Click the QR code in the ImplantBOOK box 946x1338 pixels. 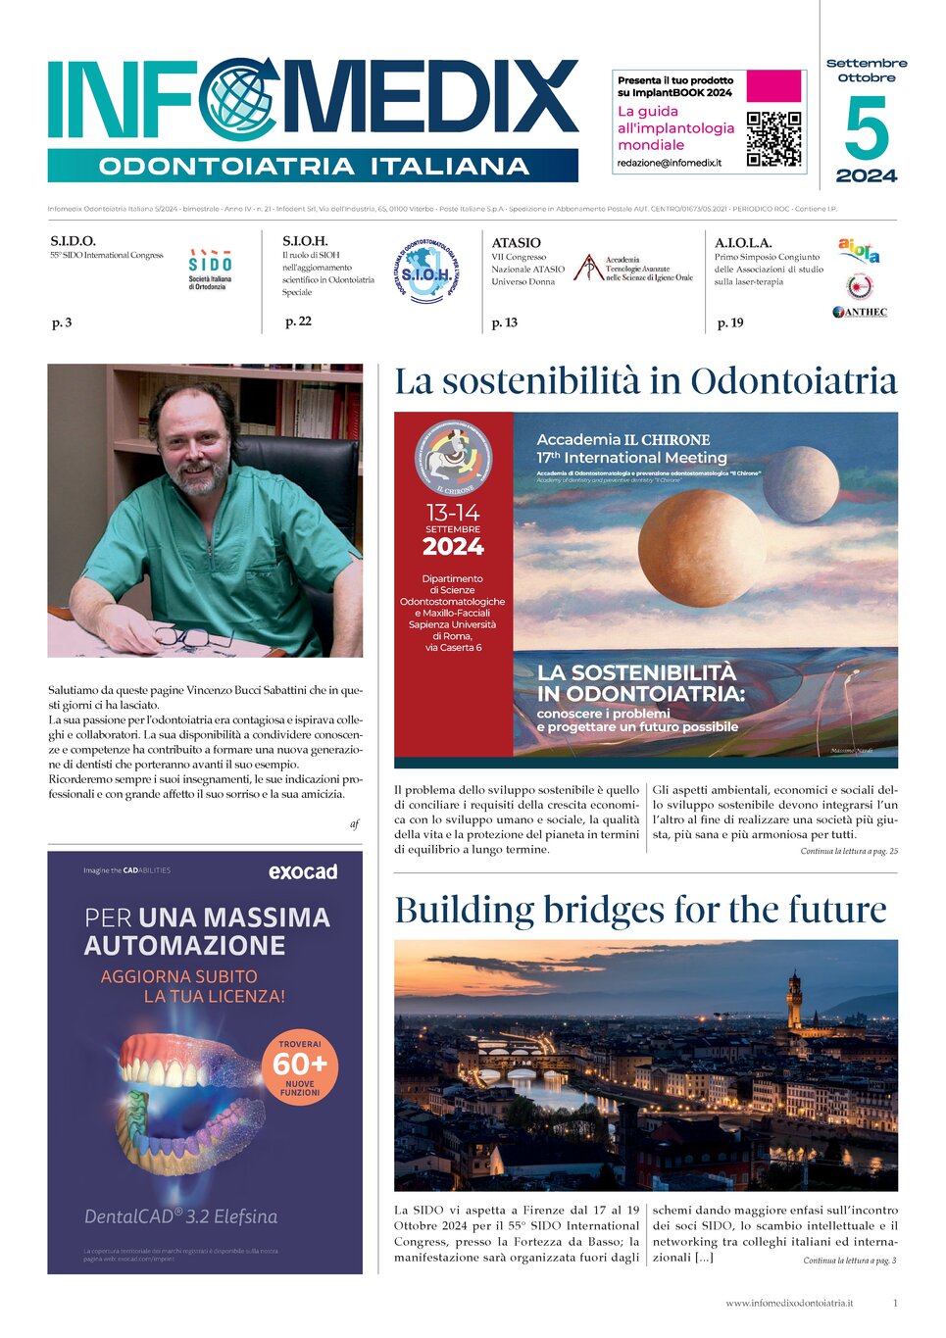pos(773,138)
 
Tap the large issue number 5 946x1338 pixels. pos(866,128)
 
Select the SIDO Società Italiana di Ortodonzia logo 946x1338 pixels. pos(210,270)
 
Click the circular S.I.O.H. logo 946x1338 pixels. pos(425,272)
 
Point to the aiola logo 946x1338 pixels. pos(858,251)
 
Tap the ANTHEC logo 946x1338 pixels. pos(860,312)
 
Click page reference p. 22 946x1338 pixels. pos(298,321)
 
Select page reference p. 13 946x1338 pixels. pos(504,322)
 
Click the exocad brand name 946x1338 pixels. pos(302,871)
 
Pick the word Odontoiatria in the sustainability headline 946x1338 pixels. pos(794,381)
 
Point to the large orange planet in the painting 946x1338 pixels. pos(701,548)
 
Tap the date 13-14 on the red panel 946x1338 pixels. pos(452,513)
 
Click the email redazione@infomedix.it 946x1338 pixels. pos(669,163)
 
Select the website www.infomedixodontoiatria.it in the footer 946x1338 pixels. pos(788,1303)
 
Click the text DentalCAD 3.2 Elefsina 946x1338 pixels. pos(180,1216)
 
